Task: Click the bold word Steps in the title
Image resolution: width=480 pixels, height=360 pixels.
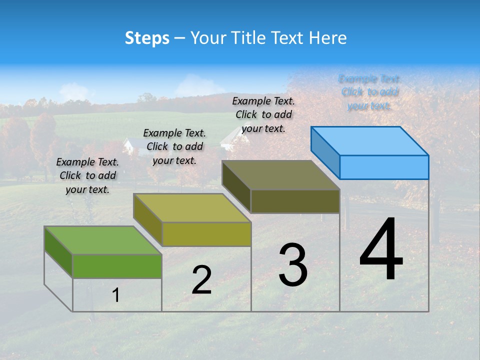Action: point(147,38)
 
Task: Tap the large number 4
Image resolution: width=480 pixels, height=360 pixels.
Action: point(381,249)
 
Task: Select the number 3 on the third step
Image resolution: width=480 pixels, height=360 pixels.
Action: point(293,265)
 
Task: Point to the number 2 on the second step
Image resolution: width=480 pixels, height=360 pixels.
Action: point(201,280)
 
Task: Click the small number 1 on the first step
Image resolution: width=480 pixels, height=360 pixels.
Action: point(115,295)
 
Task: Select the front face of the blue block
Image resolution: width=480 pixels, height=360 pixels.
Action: point(384,167)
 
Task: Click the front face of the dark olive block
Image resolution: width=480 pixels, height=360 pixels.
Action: point(295,201)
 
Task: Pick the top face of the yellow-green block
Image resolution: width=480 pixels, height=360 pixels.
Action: point(192,207)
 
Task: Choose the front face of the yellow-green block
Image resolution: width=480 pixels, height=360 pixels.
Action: point(206,234)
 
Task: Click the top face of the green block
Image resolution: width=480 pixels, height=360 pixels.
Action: point(103,240)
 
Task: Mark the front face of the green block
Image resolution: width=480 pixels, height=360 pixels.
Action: point(117,266)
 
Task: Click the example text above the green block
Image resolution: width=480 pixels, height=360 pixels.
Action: point(87,175)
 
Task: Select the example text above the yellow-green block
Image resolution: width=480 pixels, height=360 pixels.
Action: point(174,146)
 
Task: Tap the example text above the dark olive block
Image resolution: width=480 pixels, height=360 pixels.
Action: point(263,114)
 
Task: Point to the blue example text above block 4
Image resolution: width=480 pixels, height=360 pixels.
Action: point(369,92)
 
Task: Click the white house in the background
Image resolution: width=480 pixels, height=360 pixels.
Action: point(128,146)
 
